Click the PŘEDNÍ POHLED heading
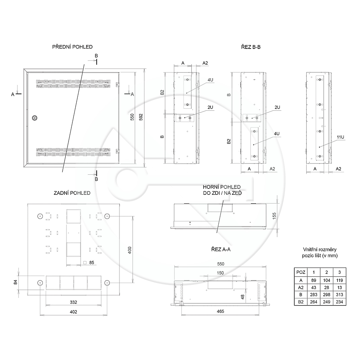tap(72, 47)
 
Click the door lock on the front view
tap(34, 118)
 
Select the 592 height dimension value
tap(141, 117)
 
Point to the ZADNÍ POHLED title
tap(72, 193)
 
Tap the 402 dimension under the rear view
tap(73, 312)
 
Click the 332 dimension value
tap(73, 302)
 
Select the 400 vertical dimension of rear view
tap(130, 250)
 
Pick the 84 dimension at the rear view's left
tap(15, 282)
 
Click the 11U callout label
tap(340, 137)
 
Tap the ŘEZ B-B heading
tap(251, 47)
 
